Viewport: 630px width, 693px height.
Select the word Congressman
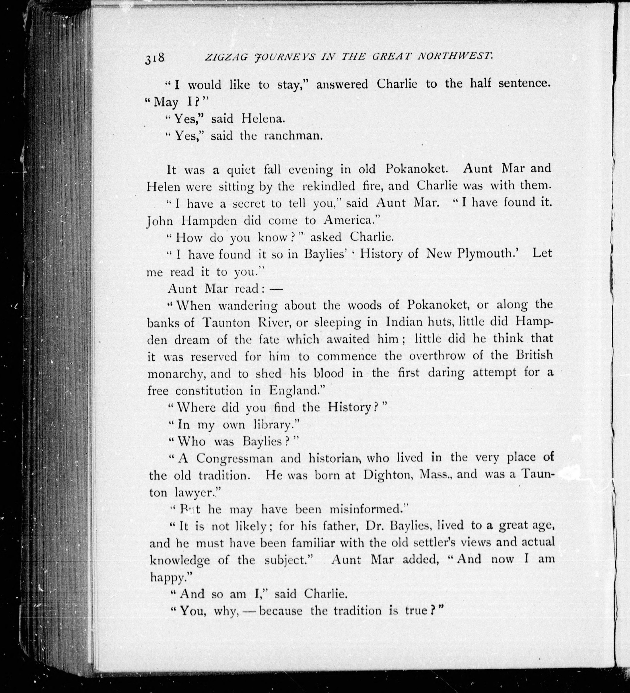(235, 458)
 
